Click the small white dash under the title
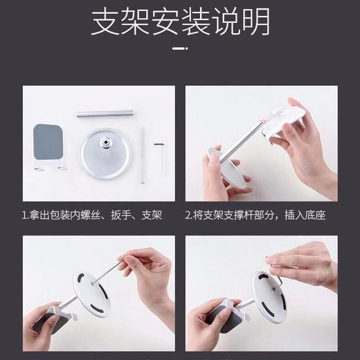click(179, 48)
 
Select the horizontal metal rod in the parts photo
click(105, 112)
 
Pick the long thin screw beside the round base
click(141, 155)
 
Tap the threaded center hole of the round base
click(106, 143)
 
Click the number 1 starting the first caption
click(24, 215)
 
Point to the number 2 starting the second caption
click(188, 215)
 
